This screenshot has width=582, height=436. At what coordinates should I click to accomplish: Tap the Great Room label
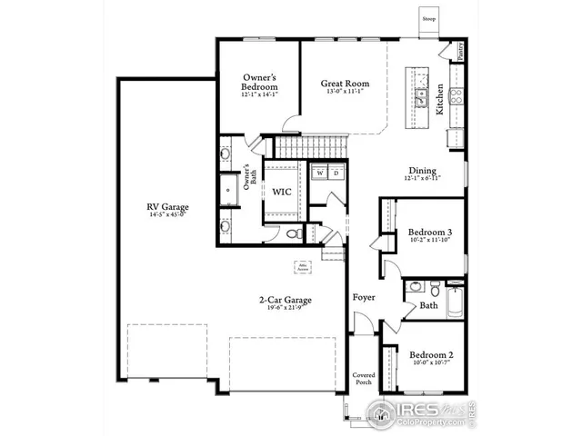(x=341, y=83)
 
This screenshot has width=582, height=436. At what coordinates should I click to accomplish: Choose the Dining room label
(x=422, y=170)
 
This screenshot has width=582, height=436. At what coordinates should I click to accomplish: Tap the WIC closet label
(x=281, y=192)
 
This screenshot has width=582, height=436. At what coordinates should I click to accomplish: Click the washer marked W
(x=320, y=173)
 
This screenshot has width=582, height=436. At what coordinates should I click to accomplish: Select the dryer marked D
(x=336, y=173)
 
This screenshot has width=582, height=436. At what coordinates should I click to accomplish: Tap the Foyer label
(x=364, y=297)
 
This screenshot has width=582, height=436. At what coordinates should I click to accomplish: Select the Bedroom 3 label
(x=430, y=232)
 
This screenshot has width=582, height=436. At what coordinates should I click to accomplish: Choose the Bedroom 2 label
(x=430, y=354)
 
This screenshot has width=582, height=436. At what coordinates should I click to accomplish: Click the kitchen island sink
(x=422, y=96)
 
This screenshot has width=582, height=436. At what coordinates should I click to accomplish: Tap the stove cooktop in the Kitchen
(x=456, y=93)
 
